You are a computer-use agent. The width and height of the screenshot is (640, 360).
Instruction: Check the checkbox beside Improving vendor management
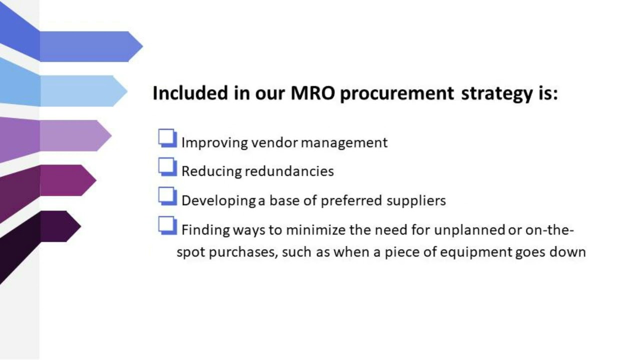tap(167, 138)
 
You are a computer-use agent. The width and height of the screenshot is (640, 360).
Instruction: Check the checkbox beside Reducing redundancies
tap(167, 166)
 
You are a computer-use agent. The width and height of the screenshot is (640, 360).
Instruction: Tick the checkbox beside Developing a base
tap(167, 195)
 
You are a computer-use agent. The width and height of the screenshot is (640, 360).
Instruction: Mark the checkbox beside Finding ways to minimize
tap(167, 225)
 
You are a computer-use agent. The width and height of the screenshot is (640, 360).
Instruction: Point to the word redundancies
tap(289, 171)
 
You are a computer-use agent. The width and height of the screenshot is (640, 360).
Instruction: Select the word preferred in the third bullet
tap(351, 200)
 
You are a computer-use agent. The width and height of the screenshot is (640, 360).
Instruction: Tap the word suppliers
tap(416, 200)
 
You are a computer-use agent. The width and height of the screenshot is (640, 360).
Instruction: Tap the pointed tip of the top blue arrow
tap(141, 46)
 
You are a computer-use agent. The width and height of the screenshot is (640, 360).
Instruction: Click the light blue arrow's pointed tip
tap(126, 91)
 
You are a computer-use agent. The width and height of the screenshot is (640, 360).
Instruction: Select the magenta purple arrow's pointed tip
tap(95, 180)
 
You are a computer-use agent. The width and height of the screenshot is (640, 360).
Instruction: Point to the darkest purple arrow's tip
tap(80, 226)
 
